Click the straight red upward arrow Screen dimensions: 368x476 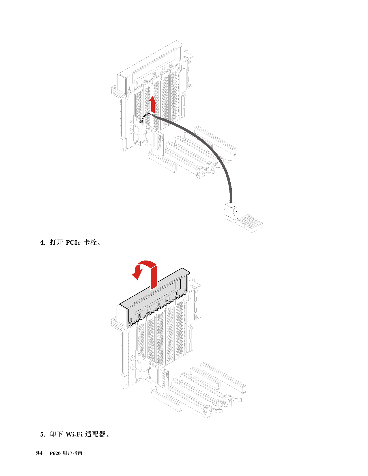coord(153,104)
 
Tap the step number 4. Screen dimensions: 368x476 coord(43,243)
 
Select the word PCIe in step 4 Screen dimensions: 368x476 coord(73,243)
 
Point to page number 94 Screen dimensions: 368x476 coord(39,453)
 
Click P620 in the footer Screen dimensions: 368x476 coord(55,453)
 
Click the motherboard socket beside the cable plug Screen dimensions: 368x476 coord(250,223)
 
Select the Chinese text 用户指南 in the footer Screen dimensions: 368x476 coord(72,453)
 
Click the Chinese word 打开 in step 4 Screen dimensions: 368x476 coord(56,242)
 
